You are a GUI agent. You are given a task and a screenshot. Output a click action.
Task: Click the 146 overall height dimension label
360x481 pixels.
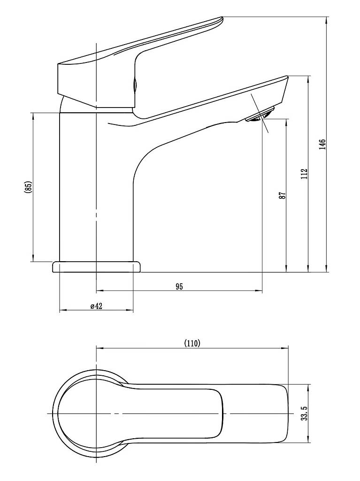click(322, 144)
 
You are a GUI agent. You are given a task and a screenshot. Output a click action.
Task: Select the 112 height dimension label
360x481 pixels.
click(304, 174)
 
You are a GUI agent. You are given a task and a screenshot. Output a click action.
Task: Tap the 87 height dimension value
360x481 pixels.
click(282, 195)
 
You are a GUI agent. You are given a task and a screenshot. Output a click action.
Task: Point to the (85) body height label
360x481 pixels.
click(28, 187)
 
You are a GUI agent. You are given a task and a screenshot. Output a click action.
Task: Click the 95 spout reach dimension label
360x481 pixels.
click(179, 287)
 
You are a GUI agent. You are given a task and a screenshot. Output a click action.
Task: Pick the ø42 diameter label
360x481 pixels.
click(96, 306)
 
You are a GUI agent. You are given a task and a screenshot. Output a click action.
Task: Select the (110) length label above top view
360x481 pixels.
click(192, 343)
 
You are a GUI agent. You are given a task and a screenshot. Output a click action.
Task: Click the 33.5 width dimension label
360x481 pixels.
click(304, 413)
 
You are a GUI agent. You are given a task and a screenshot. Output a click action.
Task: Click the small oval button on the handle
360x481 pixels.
click(134, 84)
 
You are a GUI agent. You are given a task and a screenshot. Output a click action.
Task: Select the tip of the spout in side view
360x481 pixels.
click(287, 78)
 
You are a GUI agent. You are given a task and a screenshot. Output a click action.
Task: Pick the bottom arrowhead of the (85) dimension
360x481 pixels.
click(33, 258)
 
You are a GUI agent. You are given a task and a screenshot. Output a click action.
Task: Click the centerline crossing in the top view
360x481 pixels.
click(97, 414)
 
